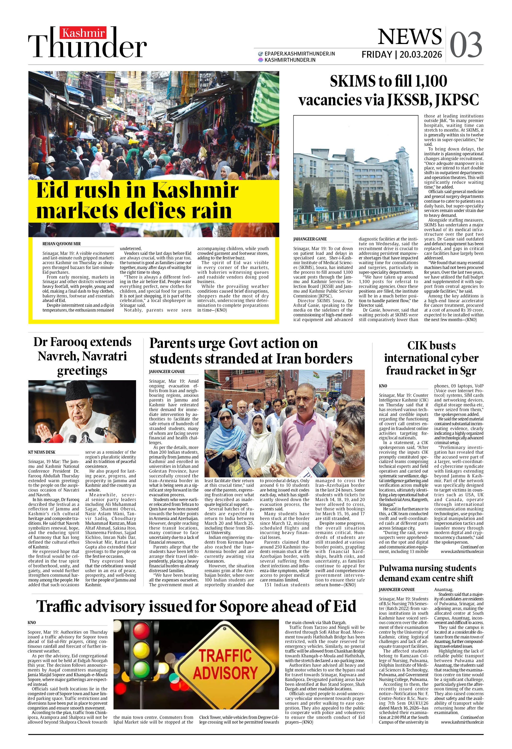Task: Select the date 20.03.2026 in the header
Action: (x=421, y=55)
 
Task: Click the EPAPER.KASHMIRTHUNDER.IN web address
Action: (x=299, y=54)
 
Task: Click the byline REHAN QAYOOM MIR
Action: (x=62, y=244)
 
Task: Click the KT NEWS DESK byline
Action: (x=42, y=452)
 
